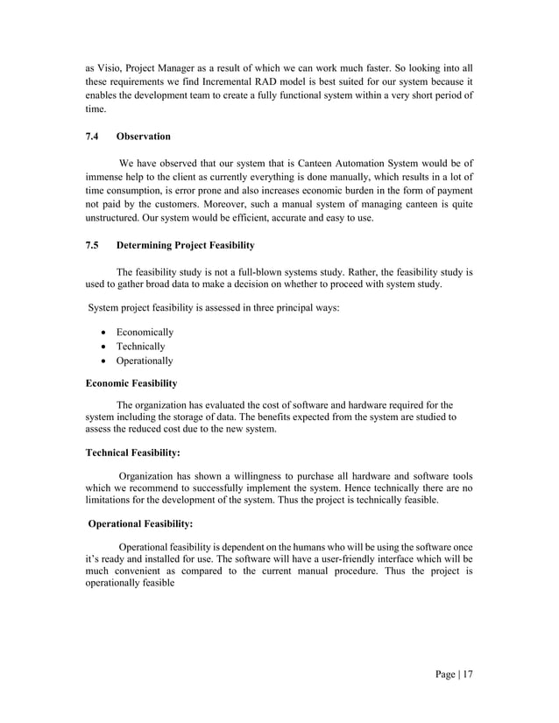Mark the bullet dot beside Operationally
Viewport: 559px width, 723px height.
click(105, 361)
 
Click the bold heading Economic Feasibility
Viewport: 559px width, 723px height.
click(131, 383)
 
